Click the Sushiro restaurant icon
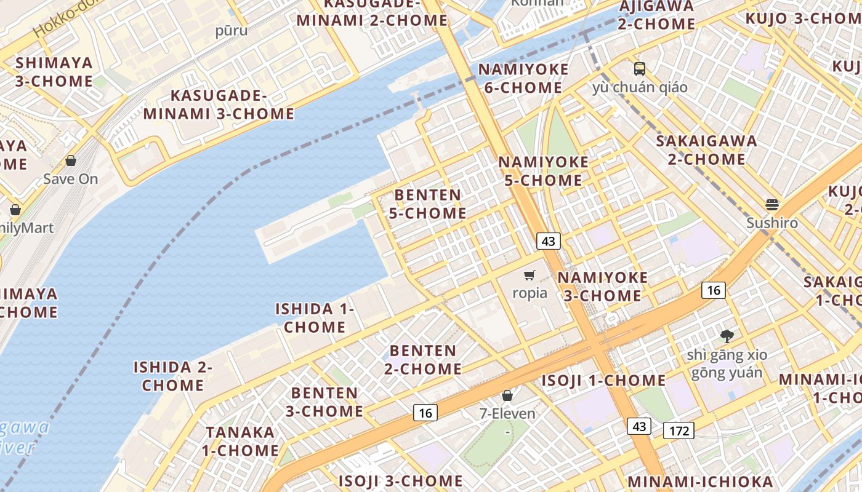(x=772, y=205)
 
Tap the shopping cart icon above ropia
(x=530, y=275)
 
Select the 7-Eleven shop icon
(x=507, y=395)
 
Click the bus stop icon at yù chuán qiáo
(x=640, y=68)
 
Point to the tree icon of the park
(x=727, y=336)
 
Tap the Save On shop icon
(x=71, y=161)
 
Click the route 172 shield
(x=679, y=430)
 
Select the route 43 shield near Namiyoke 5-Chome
(x=548, y=241)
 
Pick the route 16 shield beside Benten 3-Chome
(x=425, y=413)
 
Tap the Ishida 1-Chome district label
(x=315, y=318)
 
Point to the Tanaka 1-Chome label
(x=240, y=442)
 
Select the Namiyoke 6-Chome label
(x=523, y=79)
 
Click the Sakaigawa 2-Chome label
(x=706, y=150)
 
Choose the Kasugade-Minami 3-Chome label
(x=219, y=105)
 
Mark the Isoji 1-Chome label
(x=603, y=381)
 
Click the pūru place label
(x=232, y=31)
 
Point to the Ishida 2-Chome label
(x=173, y=376)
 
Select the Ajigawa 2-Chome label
(x=656, y=15)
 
